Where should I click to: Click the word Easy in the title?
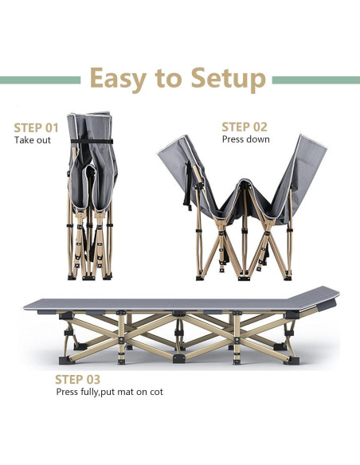[x=118, y=79]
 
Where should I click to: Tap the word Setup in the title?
[x=229, y=79]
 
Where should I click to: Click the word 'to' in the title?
[x=168, y=79]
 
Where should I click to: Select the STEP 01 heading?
[x=36, y=128]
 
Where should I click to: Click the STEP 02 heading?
[x=245, y=127]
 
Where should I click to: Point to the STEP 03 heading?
[x=78, y=380]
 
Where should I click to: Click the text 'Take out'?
[x=33, y=140]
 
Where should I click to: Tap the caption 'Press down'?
[x=246, y=139]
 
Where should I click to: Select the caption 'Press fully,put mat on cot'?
[x=109, y=392]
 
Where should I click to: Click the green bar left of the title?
[x=41, y=80]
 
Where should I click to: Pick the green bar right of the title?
[x=316, y=80]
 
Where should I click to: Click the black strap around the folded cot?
[x=92, y=141]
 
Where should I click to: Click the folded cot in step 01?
[x=91, y=196]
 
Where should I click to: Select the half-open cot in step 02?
[x=243, y=208]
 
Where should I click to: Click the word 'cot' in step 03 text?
[x=157, y=392]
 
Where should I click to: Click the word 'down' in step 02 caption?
[x=259, y=139]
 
